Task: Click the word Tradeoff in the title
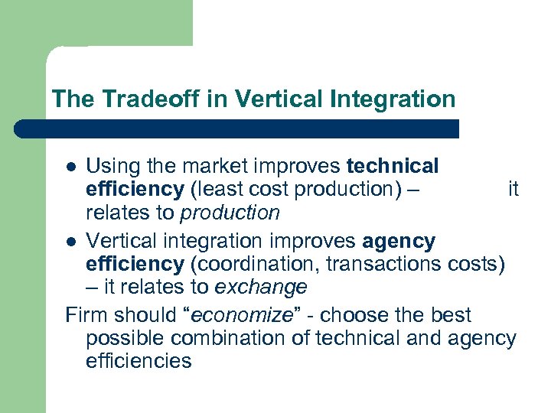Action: point(127,99)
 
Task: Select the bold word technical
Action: point(393,166)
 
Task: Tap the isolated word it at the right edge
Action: point(513,189)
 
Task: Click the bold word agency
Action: point(399,242)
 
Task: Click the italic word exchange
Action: point(261,288)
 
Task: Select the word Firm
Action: point(83,314)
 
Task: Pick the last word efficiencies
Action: point(139,360)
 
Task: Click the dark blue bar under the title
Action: point(237,128)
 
